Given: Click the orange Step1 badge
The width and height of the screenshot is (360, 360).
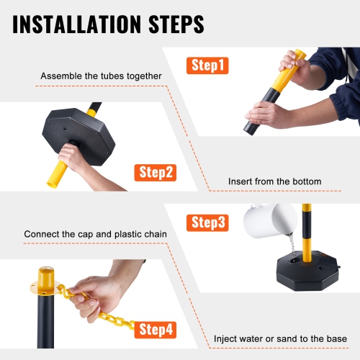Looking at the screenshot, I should (209, 66).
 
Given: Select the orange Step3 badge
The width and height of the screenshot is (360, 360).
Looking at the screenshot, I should (208, 222).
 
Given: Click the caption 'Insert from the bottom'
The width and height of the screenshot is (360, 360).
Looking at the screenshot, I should (274, 181).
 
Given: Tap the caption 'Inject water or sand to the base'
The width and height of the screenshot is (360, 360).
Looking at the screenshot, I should (280, 338).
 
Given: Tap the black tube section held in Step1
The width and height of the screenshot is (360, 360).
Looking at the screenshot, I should (264, 108).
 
